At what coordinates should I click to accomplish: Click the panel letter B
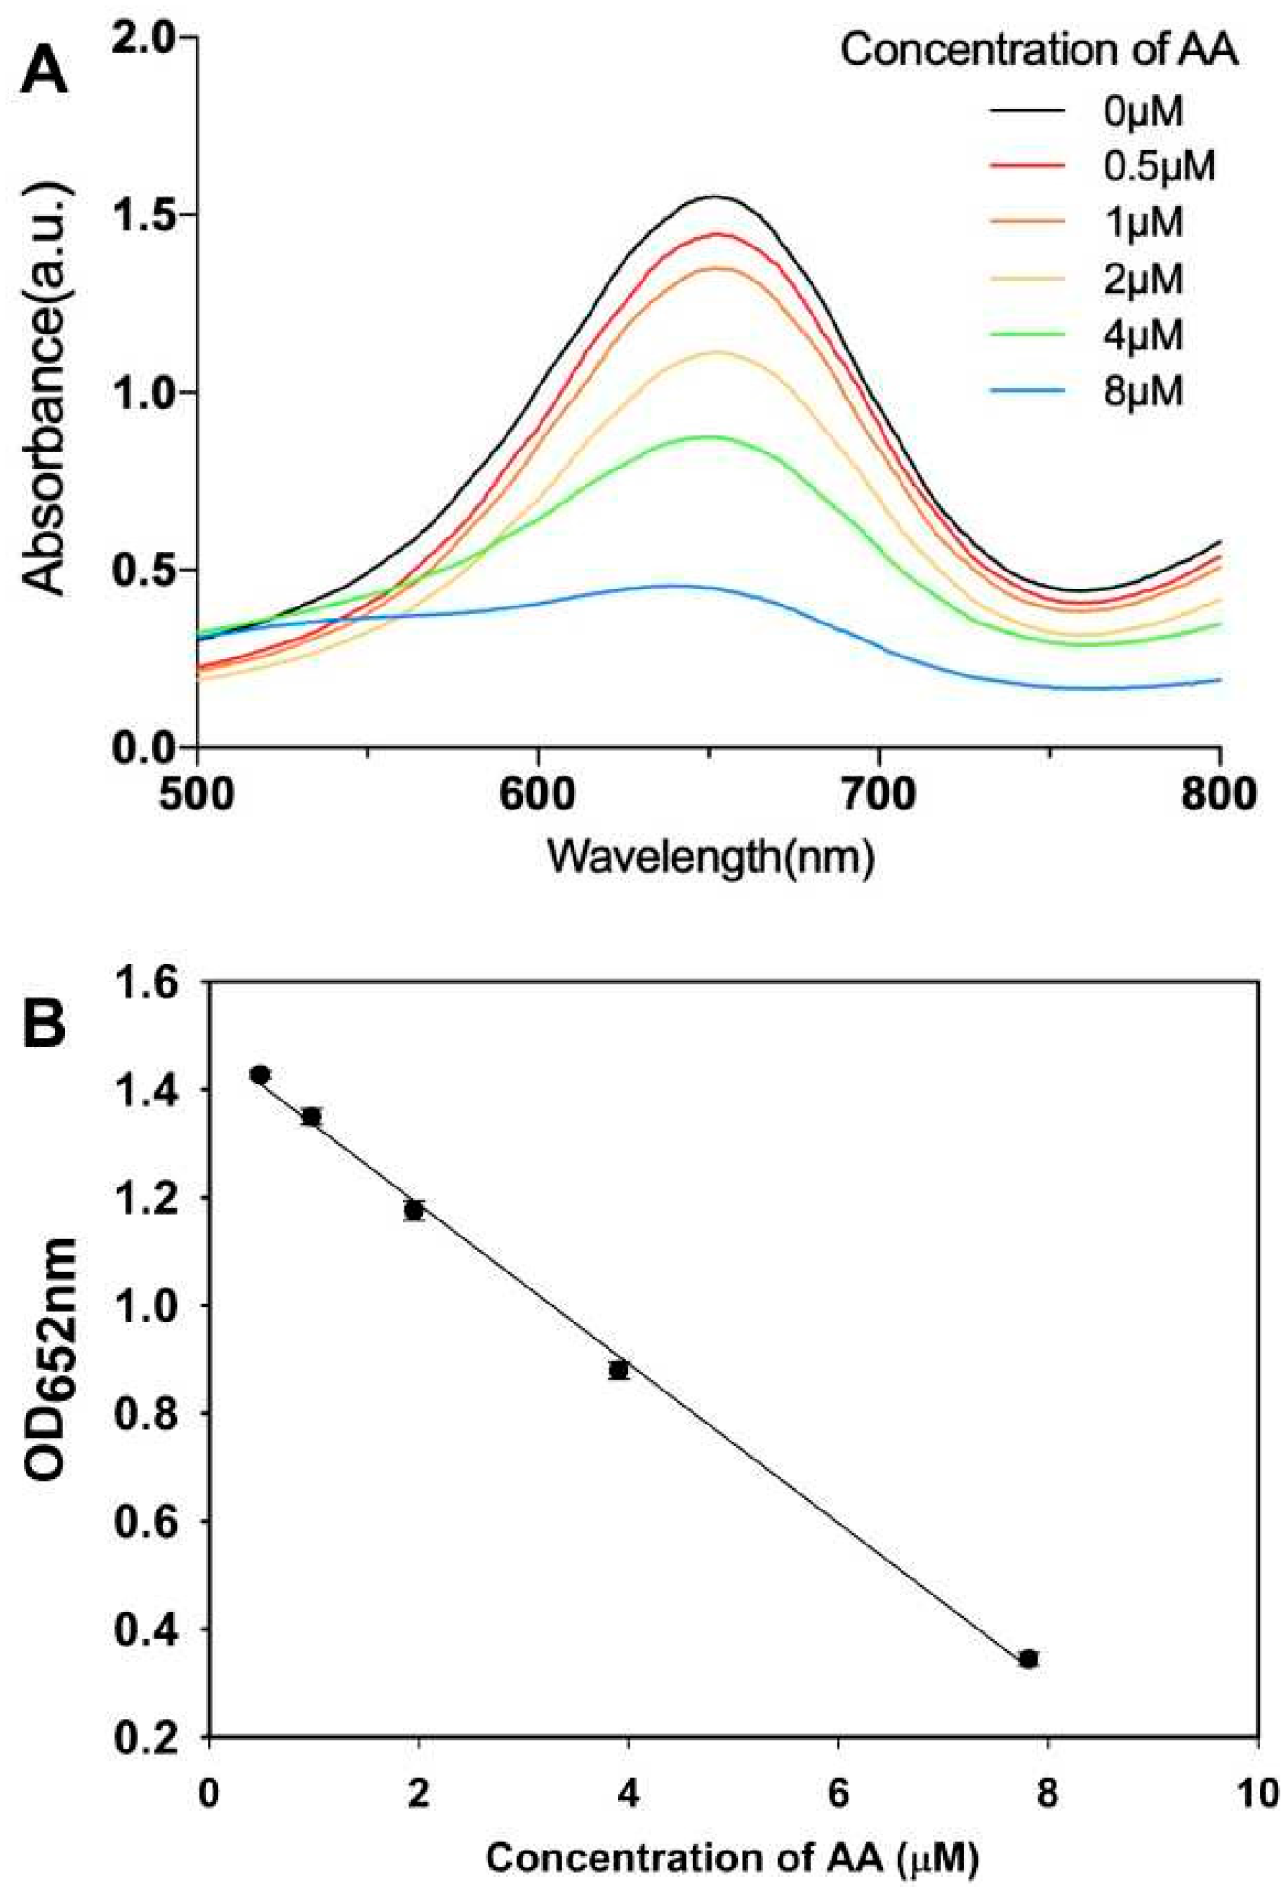click(x=44, y=1023)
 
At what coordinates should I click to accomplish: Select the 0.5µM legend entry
click(x=1158, y=167)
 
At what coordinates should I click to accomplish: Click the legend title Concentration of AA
click(x=1038, y=50)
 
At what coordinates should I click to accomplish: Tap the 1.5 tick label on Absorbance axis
click(x=144, y=214)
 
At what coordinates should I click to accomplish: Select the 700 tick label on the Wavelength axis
click(x=879, y=794)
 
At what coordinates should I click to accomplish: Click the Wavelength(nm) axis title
click(x=710, y=857)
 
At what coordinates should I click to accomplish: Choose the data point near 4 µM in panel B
click(x=619, y=1370)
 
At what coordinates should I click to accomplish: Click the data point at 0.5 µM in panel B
click(x=261, y=1074)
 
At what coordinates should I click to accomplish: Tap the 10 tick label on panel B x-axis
click(x=1257, y=1792)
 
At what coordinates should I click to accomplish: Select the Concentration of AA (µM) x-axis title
click(x=732, y=1857)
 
